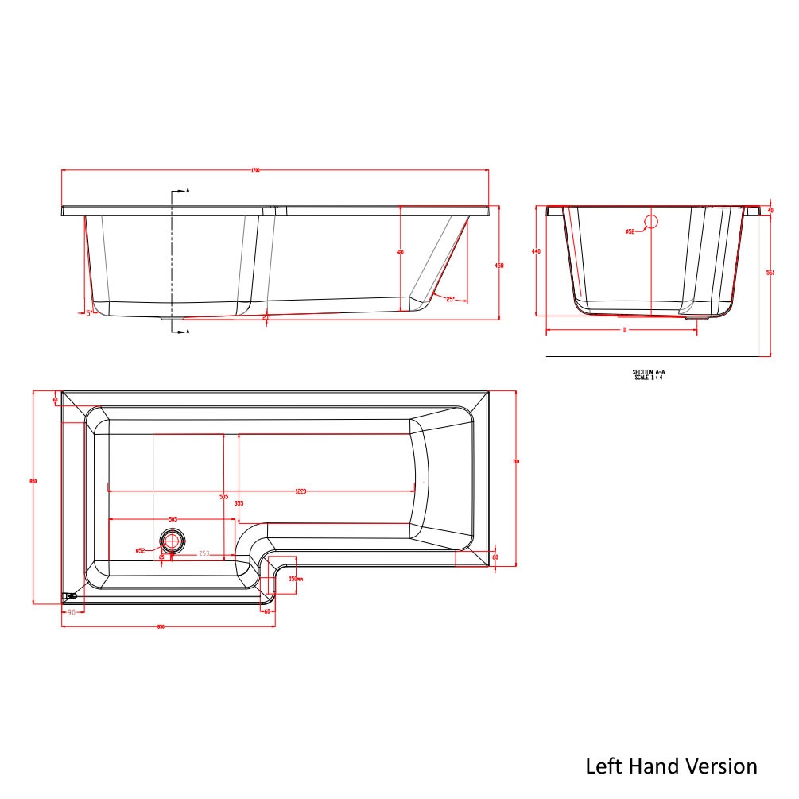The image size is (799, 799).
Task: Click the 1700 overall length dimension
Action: click(256, 170)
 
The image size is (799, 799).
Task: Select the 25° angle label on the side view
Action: click(450, 299)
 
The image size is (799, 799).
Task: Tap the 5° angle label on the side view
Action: click(90, 313)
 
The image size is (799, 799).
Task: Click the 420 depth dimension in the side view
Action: click(400, 252)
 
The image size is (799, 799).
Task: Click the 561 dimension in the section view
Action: click(770, 273)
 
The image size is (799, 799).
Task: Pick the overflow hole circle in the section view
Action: click(651, 222)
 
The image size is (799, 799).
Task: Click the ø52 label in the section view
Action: click(630, 231)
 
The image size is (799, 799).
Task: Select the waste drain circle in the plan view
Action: click(171, 541)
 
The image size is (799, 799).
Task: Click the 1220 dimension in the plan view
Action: click(301, 491)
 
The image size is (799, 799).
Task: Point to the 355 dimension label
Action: click(239, 502)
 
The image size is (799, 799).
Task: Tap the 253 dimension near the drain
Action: click(204, 553)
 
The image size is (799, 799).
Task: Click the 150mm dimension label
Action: click(293, 579)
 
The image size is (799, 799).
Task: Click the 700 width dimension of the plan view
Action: click(516, 461)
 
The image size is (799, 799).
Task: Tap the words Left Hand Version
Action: click(671, 766)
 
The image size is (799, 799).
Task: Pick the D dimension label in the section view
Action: click(624, 329)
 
